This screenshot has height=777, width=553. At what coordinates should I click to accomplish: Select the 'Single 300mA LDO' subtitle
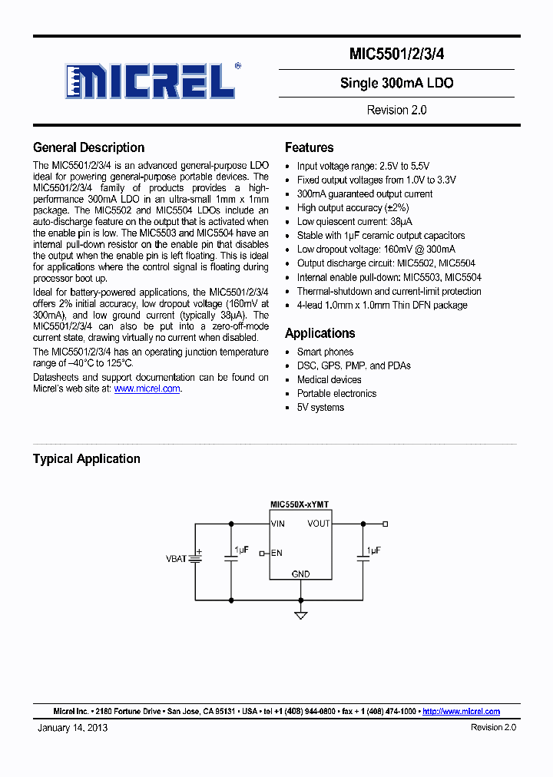point(396,83)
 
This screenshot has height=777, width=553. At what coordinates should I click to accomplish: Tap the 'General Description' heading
point(88,147)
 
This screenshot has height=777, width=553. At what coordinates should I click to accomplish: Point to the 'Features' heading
point(309,147)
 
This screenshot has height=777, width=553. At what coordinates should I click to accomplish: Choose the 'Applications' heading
point(320,333)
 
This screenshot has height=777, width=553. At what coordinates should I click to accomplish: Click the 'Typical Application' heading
point(86,458)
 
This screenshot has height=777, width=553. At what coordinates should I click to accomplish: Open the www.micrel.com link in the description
point(147,388)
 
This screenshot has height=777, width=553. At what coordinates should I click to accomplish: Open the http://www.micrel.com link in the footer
point(461,712)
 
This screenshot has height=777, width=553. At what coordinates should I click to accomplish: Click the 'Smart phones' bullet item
point(325,352)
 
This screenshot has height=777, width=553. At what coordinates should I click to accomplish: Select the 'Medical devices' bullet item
point(329,379)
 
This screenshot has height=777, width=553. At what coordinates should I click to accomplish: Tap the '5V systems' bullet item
point(320,407)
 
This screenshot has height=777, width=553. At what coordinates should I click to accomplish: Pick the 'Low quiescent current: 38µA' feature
point(354,221)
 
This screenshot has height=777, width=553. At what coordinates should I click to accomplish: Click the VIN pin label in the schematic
point(278,524)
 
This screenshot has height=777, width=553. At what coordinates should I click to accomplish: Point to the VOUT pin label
point(319,524)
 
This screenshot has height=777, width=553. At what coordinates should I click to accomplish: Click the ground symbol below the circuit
point(301,614)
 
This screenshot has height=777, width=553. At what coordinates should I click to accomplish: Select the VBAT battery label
point(176,559)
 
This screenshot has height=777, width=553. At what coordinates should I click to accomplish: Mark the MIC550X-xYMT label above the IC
point(300,504)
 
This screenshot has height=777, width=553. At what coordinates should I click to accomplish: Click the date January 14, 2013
point(72,727)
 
